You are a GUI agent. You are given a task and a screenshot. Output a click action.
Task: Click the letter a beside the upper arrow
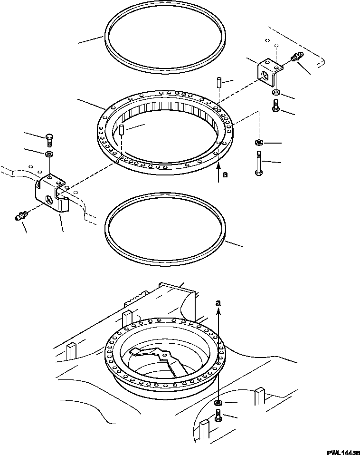click(225, 174)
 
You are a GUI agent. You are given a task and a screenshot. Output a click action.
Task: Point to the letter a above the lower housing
click(218, 302)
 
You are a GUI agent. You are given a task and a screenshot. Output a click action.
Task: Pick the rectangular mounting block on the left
click(49, 195)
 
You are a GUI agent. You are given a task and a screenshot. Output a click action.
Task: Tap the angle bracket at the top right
click(268, 71)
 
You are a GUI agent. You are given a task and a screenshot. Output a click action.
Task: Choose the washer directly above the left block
click(49, 154)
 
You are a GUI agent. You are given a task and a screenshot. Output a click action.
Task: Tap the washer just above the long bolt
click(259, 142)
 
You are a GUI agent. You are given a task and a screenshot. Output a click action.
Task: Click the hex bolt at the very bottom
click(218, 417)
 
